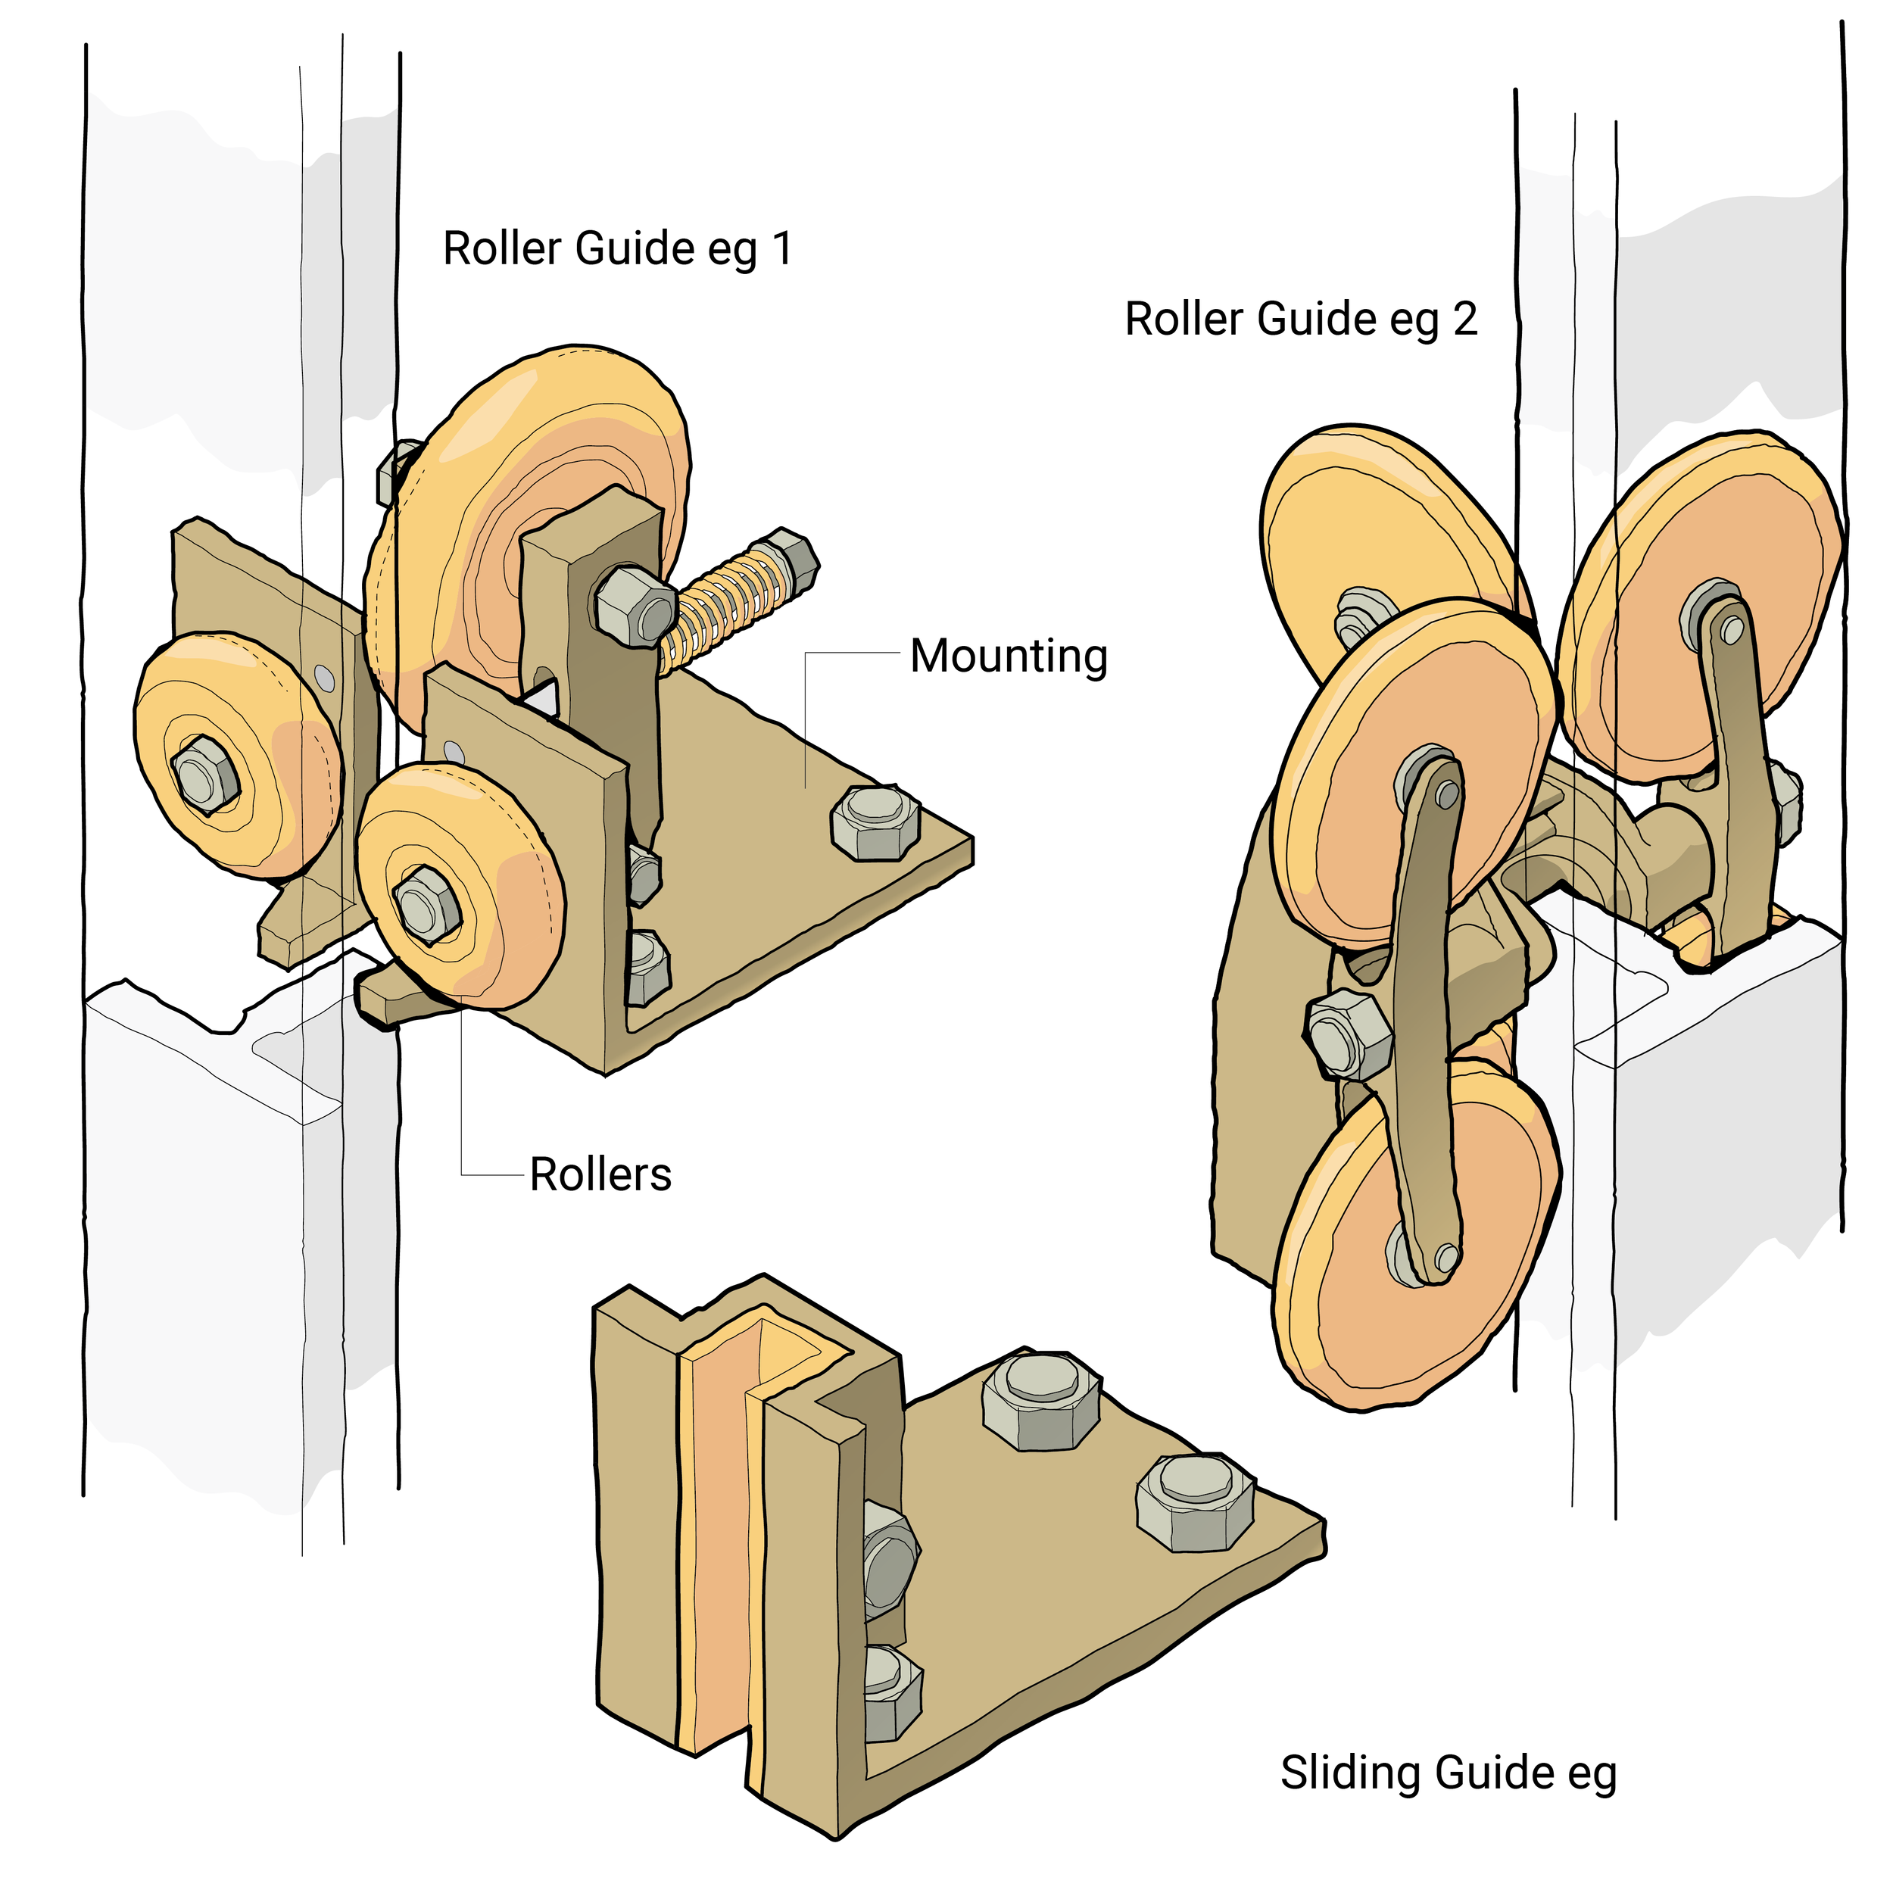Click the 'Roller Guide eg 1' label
(x=617, y=249)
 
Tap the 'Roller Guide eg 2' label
(x=1300, y=320)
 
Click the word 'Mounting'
(x=1009, y=656)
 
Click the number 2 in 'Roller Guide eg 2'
(x=1465, y=320)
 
